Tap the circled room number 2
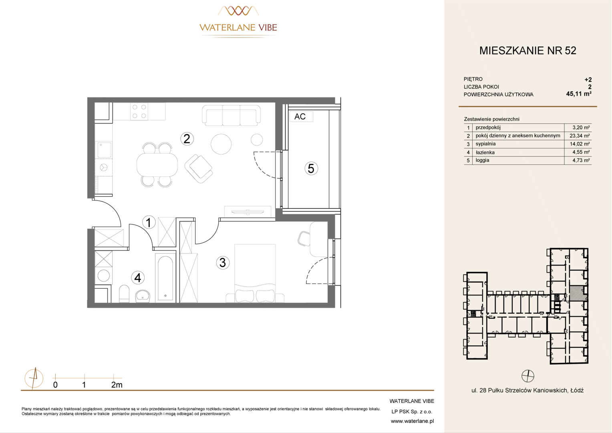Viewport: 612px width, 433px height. coord(187,139)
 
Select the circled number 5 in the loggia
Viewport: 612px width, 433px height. coord(311,168)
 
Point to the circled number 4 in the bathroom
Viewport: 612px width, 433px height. coord(138,277)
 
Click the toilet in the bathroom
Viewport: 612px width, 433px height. coord(124,293)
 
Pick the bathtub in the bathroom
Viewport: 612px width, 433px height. coord(165,278)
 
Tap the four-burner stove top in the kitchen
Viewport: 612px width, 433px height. coord(139,111)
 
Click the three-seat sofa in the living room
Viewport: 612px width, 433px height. coord(231,115)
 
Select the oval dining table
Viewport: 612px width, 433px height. coord(157,165)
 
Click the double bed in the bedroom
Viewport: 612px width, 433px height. coord(255,273)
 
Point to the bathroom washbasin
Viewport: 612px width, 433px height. coord(143,296)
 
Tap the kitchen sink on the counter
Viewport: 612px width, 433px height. coord(104,150)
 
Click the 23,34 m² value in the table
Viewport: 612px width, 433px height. coord(580,136)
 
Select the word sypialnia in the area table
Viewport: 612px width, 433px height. coord(485,144)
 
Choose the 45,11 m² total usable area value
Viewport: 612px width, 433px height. coord(579,94)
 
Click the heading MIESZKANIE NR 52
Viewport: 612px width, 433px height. coord(527,51)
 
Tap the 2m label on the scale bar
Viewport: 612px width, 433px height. coord(117,385)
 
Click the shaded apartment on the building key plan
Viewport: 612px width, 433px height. coord(578,294)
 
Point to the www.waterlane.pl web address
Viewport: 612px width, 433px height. coord(412,421)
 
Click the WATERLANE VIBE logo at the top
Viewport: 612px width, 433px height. coord(238,22)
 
